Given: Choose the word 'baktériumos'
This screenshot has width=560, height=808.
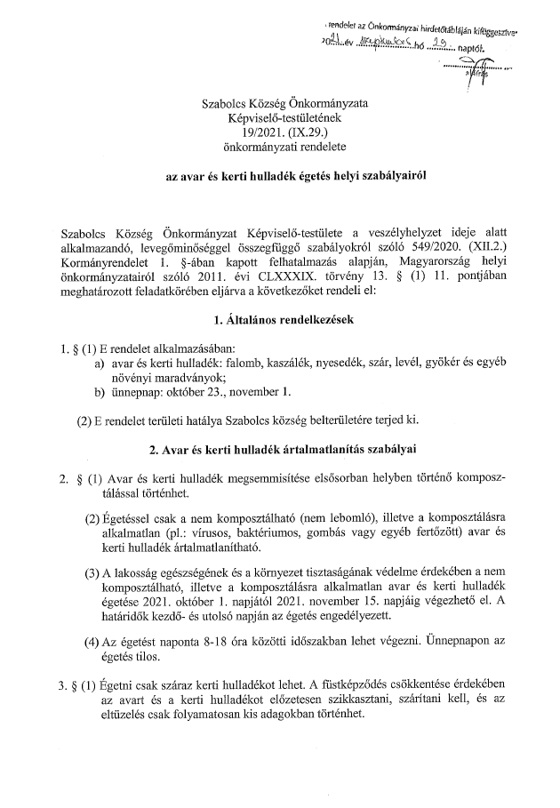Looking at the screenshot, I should tap(250, 532).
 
